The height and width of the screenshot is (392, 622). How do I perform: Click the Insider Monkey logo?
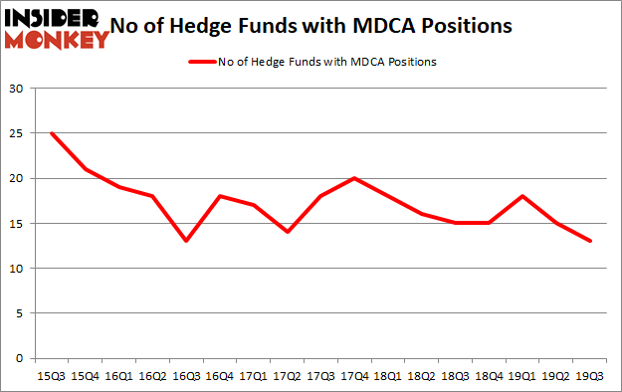pos(56,28)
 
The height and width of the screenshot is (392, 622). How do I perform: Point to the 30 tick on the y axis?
pos(17,89)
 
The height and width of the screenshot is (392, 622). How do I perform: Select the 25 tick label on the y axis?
pos(17,133)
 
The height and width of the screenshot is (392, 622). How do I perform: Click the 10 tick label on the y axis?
pos(17,269)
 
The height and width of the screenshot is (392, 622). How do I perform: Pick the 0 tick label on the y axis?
pos(20,358)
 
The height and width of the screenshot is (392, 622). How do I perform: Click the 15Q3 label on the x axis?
pos(51,377)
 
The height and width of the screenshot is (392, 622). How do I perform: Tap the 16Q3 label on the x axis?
pos(186,377)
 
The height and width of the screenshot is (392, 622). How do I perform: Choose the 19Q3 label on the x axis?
pos(590,377)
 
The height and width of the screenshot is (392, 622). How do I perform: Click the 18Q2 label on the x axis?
pos(422,377)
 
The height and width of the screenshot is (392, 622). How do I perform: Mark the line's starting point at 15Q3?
pos(51,133)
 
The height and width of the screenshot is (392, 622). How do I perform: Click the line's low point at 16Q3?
pos(186,241)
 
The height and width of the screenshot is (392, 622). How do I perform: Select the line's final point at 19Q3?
pos(590,241)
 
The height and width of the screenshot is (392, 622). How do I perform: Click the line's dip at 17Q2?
pos(287,232)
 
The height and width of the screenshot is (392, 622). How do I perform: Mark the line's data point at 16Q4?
pos(219,196)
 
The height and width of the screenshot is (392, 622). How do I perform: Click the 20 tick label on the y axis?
pos(17,178)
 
